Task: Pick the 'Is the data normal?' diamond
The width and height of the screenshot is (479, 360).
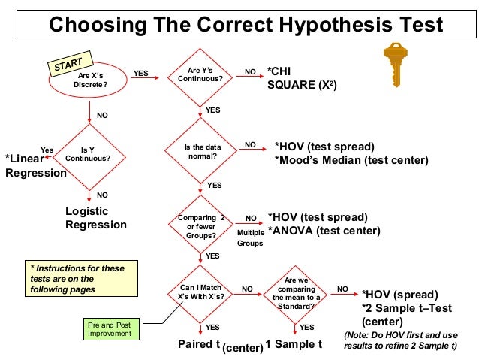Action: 200,151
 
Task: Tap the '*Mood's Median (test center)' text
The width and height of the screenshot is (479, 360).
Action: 351,160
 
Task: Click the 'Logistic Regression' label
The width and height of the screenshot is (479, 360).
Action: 96,218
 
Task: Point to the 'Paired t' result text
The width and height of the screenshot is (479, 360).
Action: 198,344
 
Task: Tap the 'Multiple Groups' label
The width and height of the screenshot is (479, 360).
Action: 251,238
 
